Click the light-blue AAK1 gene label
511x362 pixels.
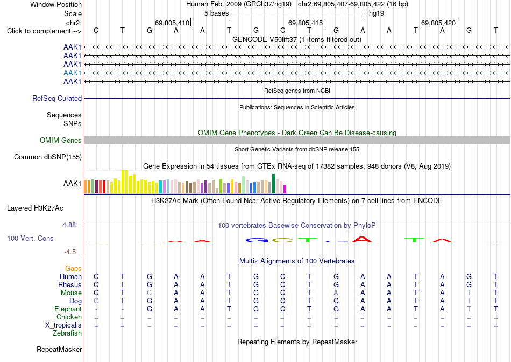[73, 73]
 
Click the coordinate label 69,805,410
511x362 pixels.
[172, 23]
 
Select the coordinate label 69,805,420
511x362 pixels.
[438, 23]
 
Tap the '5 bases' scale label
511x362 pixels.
[216, 13]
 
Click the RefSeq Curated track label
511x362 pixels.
[57, 98]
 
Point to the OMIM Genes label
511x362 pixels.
[61, 141]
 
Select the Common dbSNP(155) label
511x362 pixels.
[48, 157]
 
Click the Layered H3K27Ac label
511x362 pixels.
[35, 208]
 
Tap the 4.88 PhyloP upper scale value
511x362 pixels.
[69, 225]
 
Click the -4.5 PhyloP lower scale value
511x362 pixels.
[70, 252]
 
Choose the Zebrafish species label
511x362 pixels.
[67, 333]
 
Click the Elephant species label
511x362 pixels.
[68, 309]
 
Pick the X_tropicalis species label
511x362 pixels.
[63, 325]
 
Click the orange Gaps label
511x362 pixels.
[73, 268]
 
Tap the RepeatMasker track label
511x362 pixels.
[59, 349]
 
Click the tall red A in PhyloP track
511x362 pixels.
[363, 239]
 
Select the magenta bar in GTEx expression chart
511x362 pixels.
[285, 189]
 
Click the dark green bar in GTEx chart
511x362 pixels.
[273, 184]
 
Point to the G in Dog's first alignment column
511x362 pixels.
[96, 301]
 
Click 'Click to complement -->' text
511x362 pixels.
[44, 31]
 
